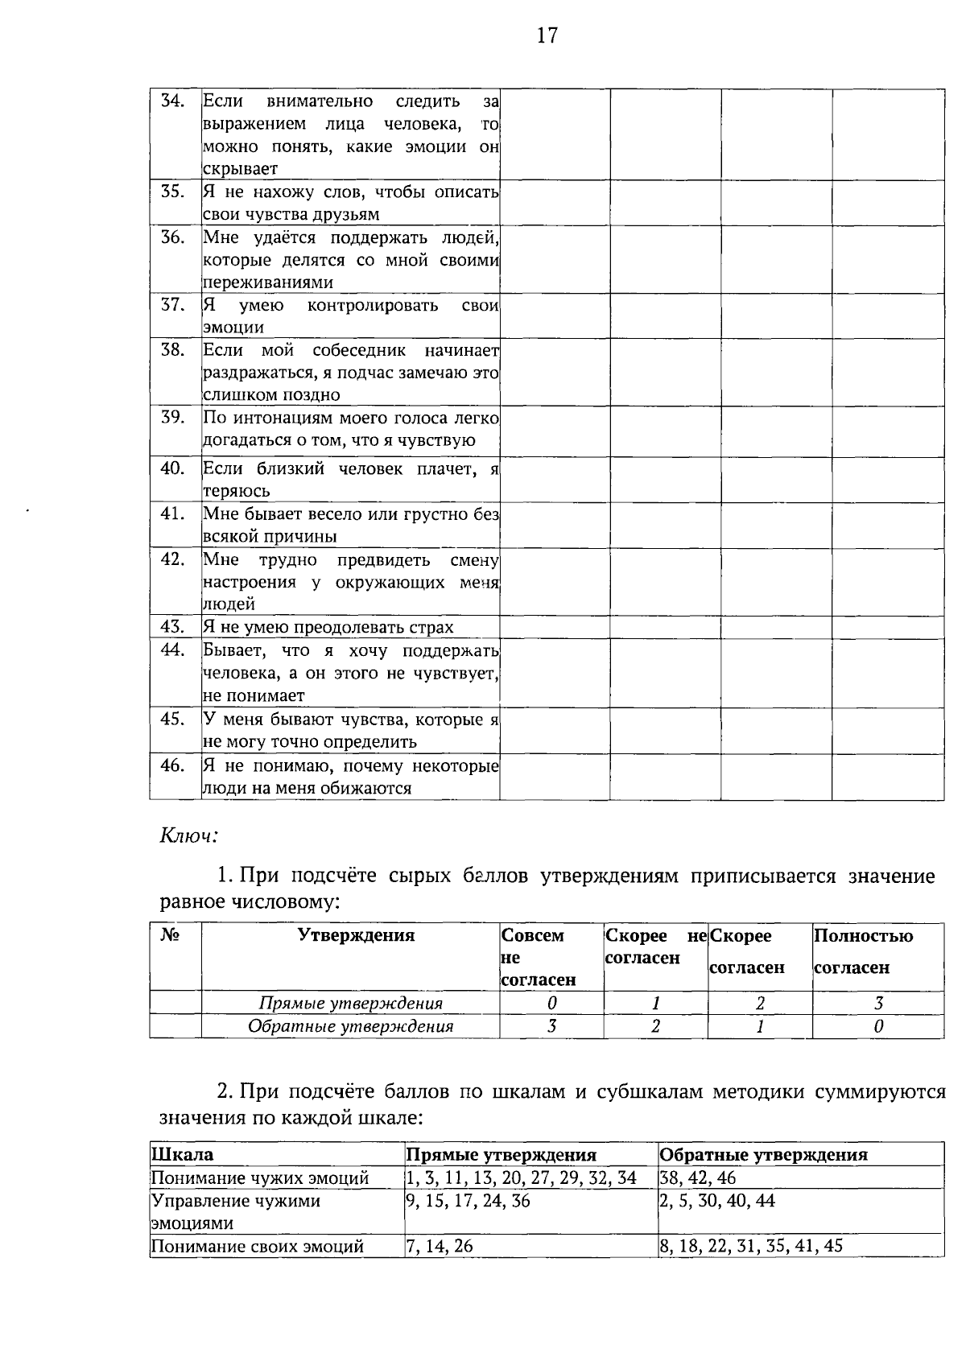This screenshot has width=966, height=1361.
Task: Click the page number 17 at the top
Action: tap(547, 36)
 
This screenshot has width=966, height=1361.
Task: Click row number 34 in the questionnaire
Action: tap(174, 101)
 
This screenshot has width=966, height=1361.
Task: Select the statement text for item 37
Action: tap(350, 316)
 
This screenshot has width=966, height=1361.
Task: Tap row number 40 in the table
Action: tap(174, 468)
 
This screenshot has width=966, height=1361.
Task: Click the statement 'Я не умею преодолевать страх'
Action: tap(328, 627)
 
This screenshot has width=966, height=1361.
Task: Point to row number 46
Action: tap(174, 765)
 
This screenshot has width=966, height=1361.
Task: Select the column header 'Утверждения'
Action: tap(356, 935)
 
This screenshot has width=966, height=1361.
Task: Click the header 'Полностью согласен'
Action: tap(864, 951)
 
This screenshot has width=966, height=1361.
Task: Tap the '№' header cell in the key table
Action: tap(170, 935)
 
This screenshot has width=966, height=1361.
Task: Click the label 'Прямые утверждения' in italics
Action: tap(350, 1004)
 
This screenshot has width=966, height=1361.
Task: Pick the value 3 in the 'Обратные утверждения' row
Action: tap(551, 1026)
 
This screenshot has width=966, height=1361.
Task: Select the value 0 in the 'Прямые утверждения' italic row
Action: tap(551, 1004)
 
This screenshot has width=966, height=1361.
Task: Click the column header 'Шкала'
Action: tap(183, 1155)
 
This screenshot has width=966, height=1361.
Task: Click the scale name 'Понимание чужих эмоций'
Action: tap(260, 1178)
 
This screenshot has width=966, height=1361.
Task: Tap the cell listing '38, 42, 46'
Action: tap(697, 1178)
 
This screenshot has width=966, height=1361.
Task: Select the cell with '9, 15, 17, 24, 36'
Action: tap(469, 1202)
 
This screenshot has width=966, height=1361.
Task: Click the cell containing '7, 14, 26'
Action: tap(440, 1247)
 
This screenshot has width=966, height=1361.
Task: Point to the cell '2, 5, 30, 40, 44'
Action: tap(717, 1202)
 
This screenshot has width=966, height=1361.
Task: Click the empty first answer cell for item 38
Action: tap(555, 372)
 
